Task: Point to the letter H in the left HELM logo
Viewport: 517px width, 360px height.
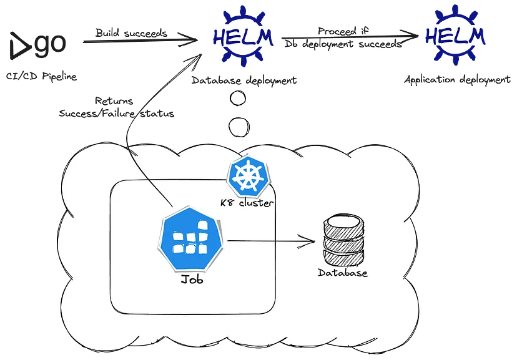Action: click(x=220, y=38)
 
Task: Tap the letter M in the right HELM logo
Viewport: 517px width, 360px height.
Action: click(x=476, y=37)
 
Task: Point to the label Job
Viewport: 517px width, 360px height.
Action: click(x=192, y=281)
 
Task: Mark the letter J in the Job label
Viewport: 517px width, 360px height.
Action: click(x=184, y=281)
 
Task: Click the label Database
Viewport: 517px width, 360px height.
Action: click(x=343, y=273)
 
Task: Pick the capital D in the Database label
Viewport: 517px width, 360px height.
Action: click(x=322, y=273)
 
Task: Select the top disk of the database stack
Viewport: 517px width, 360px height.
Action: click(x=343, y=223)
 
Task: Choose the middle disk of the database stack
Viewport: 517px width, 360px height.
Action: click(x=343, y=240)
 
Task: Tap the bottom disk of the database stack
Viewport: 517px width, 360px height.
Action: click(x=343, y=256)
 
